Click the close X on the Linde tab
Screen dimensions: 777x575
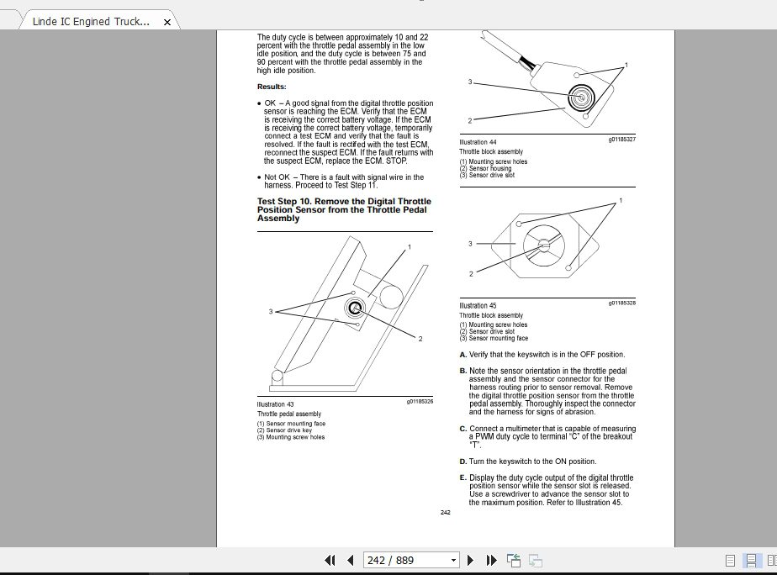coord(167,22)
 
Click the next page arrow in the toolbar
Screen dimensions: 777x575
coord(470,560)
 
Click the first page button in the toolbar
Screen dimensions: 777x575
coord(330,560)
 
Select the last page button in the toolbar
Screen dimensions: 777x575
coord(492,560)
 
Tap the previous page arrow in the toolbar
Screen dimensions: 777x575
coord(351,560)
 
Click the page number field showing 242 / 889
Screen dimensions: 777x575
coord(411,560)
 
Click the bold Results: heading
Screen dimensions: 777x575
coord(272,87)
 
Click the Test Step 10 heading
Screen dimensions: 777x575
coord(344,209)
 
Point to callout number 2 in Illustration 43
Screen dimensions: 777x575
coord(420,339)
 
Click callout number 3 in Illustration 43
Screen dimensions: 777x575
coord(271,312)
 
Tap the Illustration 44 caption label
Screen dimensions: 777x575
coord(478,142)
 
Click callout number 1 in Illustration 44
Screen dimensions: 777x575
coord(626,65)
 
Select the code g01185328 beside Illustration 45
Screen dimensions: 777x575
coord(622,303)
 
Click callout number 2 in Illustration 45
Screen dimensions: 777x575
coord(471,273)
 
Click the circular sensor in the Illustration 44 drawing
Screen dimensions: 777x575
coord(581,97)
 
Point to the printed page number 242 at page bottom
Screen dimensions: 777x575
coord(446,512)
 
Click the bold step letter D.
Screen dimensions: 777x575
coord(462,462)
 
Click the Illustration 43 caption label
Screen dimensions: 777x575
coord(275,404)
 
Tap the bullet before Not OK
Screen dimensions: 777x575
coord(259,177)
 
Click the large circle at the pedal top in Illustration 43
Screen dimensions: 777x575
coord(391,297)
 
